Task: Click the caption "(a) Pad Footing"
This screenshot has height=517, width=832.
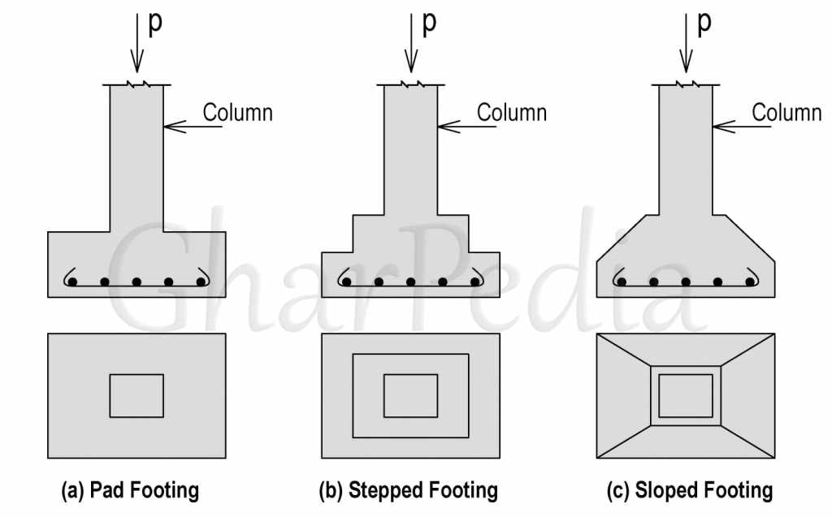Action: [x=130, y=490]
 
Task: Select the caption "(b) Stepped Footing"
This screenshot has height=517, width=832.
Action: [x=408, y=490]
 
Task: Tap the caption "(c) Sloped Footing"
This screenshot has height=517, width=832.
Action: [x=690, y=490]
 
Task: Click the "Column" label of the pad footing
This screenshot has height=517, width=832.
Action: [x=238, y=113]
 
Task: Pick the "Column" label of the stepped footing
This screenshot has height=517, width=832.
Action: [x=512, y=113]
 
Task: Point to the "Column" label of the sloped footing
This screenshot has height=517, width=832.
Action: [x=786, y=113]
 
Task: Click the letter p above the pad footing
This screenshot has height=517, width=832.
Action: [x=155, y=24]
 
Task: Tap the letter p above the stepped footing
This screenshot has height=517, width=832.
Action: [x=429, y=24]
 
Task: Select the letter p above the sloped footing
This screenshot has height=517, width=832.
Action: [x=704, y=24]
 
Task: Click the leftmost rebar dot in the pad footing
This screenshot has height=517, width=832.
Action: [x=72, y=282]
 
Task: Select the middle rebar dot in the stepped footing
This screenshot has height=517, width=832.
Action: [x=410, y=282]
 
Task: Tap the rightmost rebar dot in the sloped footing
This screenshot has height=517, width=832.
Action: [x=750, y=282]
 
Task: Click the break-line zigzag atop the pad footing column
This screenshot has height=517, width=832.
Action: [x=136, y=84]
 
